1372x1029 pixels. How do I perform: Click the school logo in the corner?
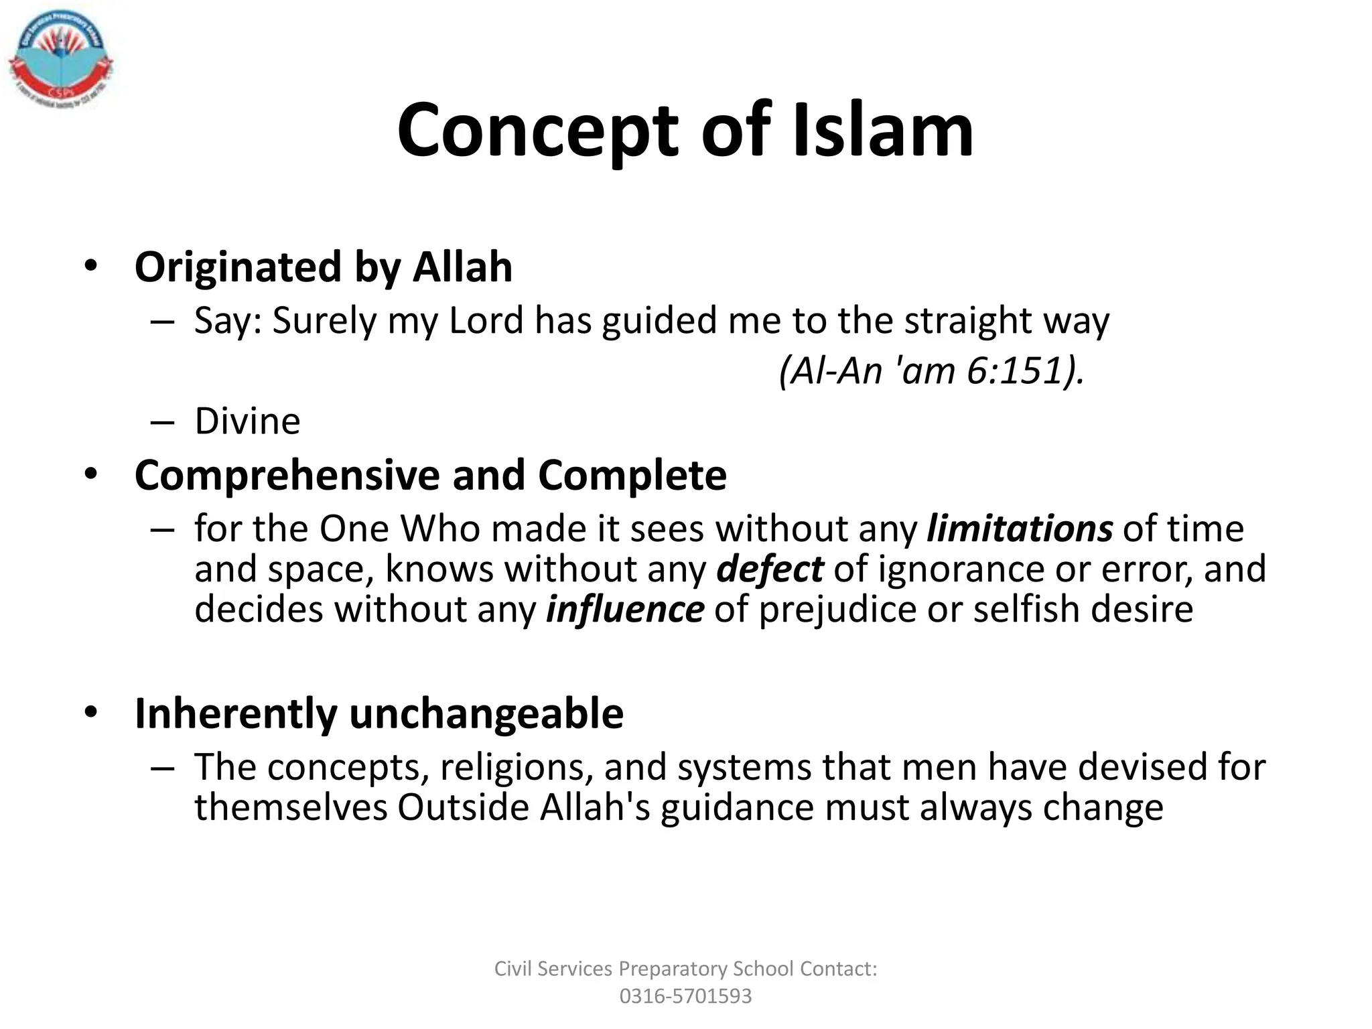[x=61, y=62]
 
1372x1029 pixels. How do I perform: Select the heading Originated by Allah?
[x=324, y=267]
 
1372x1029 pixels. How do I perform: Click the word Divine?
[x=247, y=421]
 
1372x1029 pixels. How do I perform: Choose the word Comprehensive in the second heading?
[x=287, y=476]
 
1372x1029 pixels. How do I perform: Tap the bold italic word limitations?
[x=1019, y=529]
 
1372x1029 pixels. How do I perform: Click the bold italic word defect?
[x=769, y=569]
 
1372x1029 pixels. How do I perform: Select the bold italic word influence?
[x=624, y=610]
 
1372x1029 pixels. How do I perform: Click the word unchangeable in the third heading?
[x=486, y=713]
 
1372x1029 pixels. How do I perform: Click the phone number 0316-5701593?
[x=685, y=996]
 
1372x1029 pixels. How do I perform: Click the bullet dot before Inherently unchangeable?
[x=91, y=712]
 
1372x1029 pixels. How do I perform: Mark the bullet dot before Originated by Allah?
[x=91, y=266]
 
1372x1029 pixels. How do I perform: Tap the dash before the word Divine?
[x=162, y=423]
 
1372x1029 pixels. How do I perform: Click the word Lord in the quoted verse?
[x=486, y=321]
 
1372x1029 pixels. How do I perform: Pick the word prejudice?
[x=837, y=610]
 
